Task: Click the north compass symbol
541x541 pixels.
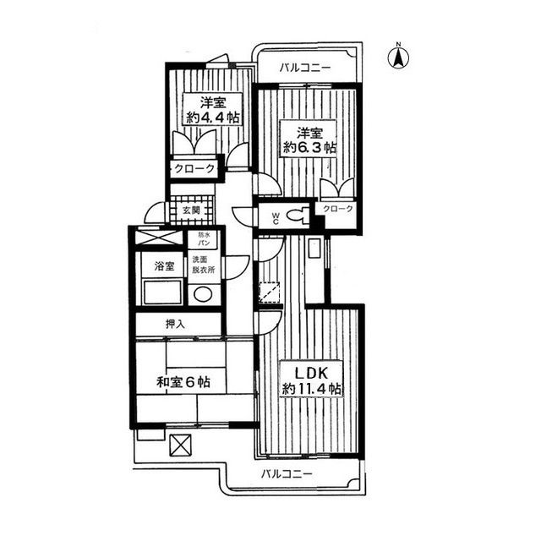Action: [x=398, y=57]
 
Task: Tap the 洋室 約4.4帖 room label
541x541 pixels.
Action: [x=213, y=111]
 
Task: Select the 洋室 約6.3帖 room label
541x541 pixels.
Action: [x=309, y=139]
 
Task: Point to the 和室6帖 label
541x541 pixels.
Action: [x=183, y=382]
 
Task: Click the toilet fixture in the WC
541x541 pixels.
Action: [x=298, y=215]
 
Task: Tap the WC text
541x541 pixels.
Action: [x=276, y=218]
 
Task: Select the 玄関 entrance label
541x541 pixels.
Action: [x=191, y=210]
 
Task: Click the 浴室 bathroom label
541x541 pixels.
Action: [x=164, y=266]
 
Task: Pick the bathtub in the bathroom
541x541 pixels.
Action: [x=162, y=292]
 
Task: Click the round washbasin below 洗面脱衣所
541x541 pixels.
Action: [x=203, y=294]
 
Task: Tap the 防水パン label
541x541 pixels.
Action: [x=204, y=238]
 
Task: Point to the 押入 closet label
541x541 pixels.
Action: [x=175, y=324]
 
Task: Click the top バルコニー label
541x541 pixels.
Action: [x=305, y=68]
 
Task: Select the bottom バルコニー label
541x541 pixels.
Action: [x=287, y=473]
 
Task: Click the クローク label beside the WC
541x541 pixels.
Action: [x=338, y=209]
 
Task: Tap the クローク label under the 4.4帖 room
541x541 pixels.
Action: [x=194, y=169]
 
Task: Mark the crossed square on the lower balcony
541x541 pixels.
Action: [x=180, y=445]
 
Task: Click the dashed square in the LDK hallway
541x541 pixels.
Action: [x=270, y=292]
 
